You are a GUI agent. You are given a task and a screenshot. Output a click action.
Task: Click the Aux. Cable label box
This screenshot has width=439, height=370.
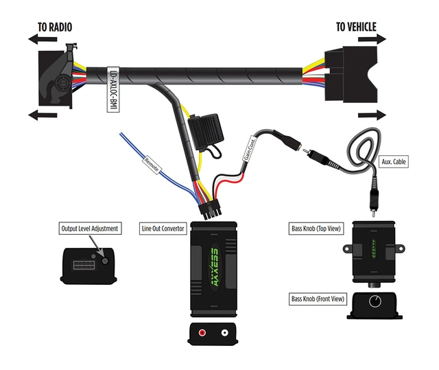[395, 161]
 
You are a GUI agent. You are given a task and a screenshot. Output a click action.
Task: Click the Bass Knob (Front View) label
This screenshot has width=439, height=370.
[318, 299]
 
